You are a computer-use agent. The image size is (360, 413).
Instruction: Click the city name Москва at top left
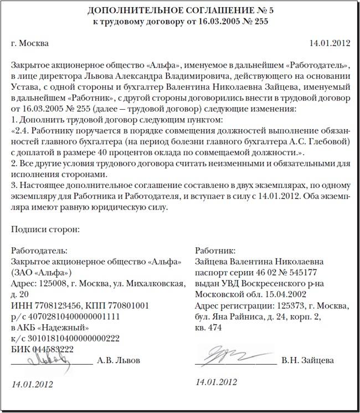pos(34,43)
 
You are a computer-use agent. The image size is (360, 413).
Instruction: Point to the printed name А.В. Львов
pos(119,360)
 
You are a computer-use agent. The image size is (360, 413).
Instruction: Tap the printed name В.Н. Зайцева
pos(307,360)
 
